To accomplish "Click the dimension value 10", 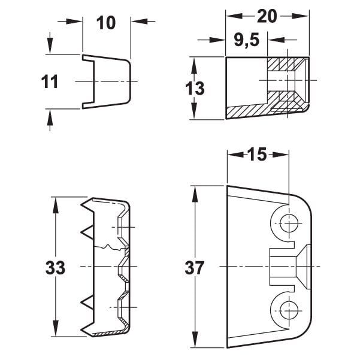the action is pyautogui.click(x=106, y=23).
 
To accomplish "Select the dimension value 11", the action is pyautogui.click(x=50, y=82).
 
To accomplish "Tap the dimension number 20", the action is pyautogui.click(x=267, y=16).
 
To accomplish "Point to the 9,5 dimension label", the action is pyautogui.click(x=247, y=40).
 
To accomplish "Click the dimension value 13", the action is pyautogui.click(x=195, y=89).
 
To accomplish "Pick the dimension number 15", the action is pyautogui.click(x=258, y=154).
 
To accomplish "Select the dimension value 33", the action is pyautogui.click(x=55, y=268).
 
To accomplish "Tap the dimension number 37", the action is pyautogui.click(x=194, y=268).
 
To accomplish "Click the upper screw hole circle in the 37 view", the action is pyautogui.click(x=289, y=223).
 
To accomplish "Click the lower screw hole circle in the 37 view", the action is pyautogui.click(x=289, y=310).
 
